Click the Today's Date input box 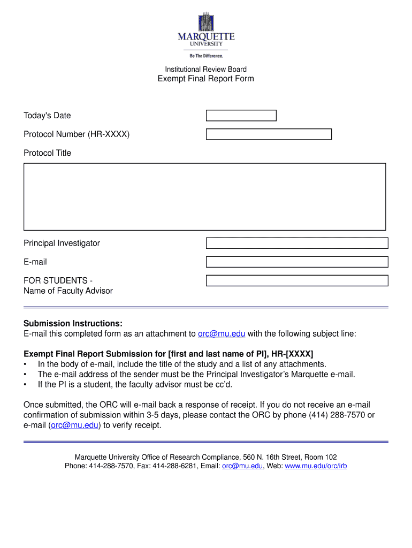241,116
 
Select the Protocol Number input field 269,134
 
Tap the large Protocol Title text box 205,196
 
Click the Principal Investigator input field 297,243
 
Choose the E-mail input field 297,262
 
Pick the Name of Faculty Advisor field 297,281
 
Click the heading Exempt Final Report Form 205,79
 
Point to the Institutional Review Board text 205,69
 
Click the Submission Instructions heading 73,324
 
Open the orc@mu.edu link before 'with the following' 222,334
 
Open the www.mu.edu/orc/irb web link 316,466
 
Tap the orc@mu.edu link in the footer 242,466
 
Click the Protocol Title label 47,153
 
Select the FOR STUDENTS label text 58,281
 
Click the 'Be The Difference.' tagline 206,56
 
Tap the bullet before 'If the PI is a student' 26,385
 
